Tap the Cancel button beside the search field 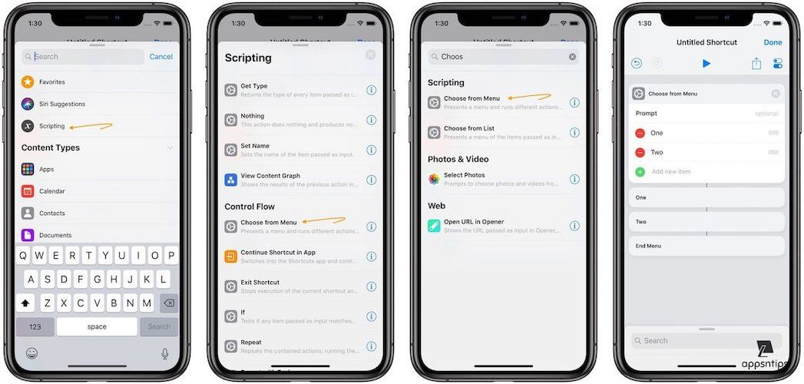[160, 56]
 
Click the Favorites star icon [28, 81]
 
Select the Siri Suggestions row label [62, 104]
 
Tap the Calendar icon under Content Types [28, 191]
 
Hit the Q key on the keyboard [23, 256]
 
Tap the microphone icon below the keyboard [164, 353]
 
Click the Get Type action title [254, 86]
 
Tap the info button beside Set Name [371, 150]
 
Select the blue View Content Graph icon [230, 180]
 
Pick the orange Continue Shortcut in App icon [230, 257]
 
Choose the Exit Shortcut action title [260, 282]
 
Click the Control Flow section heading [250, 207]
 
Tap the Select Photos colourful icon [434, 179]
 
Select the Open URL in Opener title [474, 222]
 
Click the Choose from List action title [469, 128]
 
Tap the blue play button [706, 64]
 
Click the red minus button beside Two [640, 152]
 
